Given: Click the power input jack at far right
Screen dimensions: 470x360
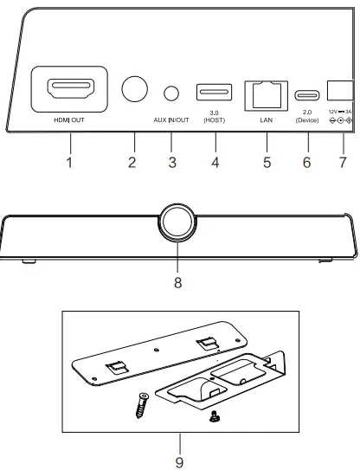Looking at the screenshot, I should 342,90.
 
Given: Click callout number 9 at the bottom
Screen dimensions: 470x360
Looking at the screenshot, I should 179,461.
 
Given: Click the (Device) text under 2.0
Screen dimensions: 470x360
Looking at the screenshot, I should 307,121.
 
